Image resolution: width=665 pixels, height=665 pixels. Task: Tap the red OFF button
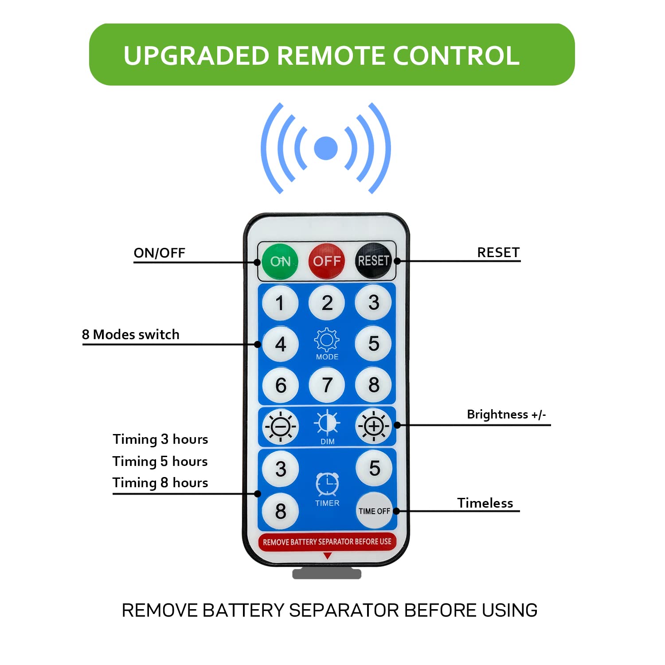tap(327, 261)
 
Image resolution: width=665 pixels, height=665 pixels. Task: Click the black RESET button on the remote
tap(373, 261)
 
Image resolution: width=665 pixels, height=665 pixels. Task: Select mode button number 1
tap(280, 303)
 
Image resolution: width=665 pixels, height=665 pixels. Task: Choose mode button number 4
tap(280, 344)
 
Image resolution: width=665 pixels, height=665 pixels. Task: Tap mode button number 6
tap(280, 385)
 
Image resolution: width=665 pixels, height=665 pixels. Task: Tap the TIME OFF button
tap(374, 511)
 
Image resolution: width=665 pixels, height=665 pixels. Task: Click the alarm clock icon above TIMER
tap(327, 484)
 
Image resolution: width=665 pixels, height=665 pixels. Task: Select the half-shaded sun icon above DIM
tap(327, 422)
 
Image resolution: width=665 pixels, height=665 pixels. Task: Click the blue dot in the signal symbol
tap(326, 148)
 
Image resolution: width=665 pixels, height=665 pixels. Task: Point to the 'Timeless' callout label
tap(485, 503)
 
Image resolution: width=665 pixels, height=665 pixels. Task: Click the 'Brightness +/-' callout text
tap(506, 415)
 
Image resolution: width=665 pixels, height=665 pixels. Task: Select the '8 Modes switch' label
tap(131, 335)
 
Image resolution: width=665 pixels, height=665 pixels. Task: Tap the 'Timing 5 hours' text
tap(160, 462)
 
